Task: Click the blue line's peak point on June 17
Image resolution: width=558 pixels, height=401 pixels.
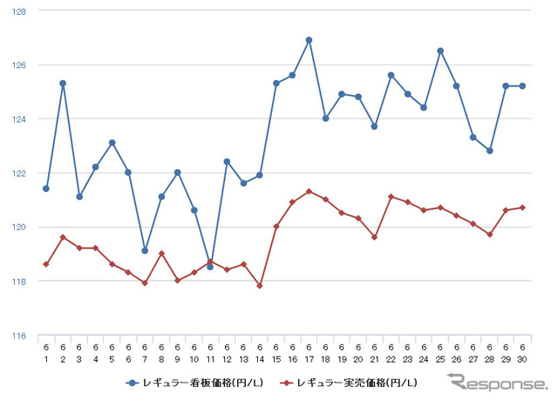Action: point(309,40)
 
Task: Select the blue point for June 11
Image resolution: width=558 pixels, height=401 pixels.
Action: point(210,267)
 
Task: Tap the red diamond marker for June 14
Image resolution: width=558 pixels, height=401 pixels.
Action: point(260,285)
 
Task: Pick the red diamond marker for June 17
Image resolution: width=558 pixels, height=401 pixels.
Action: point(309,191)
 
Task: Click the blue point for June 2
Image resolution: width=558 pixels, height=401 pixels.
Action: point(63,84)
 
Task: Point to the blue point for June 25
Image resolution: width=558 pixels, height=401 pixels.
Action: point(440,51)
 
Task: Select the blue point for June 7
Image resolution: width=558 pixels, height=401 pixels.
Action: point(145,250)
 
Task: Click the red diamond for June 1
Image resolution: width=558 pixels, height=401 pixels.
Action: point(46,264)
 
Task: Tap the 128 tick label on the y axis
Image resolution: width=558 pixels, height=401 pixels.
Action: point(20,11)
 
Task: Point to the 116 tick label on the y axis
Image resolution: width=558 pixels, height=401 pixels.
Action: point(20,336)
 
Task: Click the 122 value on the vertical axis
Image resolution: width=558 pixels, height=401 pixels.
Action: point(20,173)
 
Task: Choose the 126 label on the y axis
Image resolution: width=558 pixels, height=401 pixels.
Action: point(20,65)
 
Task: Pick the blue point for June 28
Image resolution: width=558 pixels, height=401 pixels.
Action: point(490,151)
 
